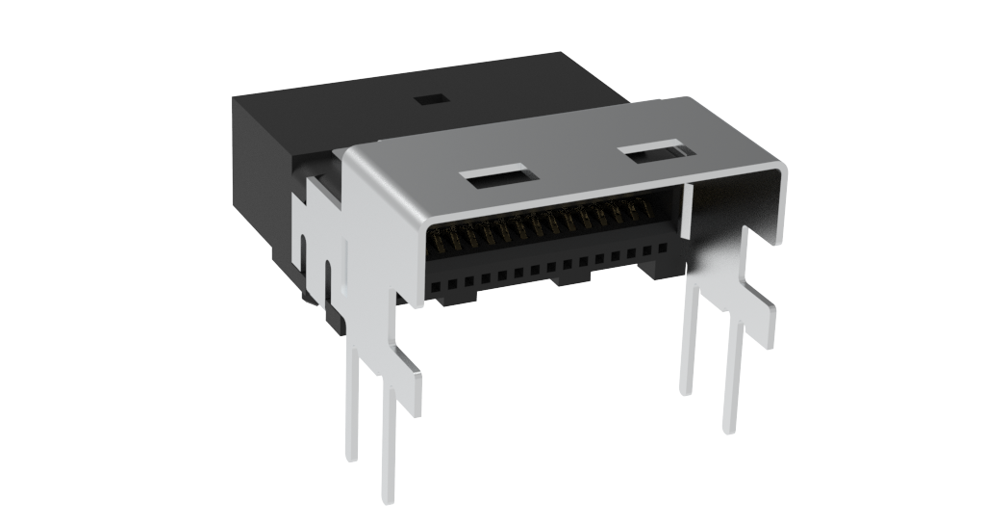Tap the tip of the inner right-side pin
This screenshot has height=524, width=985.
tap(686, 388)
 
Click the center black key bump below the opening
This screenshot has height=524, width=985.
tap(570, 280)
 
